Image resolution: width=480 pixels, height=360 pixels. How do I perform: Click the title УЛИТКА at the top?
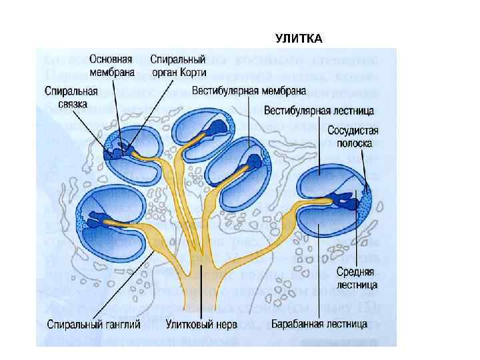299,39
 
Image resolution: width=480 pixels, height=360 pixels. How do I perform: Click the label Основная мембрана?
111,65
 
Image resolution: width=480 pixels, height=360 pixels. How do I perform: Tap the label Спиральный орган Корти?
177,65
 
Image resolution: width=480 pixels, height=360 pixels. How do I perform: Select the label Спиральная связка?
71,97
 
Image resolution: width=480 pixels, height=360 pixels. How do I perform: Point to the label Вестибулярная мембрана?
249,89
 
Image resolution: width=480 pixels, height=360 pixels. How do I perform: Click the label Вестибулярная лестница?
319,109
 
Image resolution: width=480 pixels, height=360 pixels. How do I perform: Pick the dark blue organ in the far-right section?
344,199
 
